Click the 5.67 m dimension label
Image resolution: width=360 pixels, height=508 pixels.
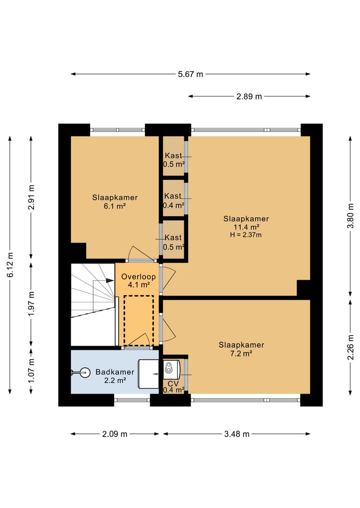190,74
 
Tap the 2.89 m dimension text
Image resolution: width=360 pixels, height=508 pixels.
249,96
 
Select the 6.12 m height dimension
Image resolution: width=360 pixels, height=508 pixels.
10,265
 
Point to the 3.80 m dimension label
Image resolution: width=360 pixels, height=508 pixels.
350,216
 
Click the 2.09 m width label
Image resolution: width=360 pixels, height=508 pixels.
115,434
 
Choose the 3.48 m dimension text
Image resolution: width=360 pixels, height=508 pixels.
237,434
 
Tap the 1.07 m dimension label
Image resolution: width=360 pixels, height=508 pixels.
31,371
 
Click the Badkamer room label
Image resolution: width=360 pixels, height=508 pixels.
115,372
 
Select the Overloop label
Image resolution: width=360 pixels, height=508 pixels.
138,277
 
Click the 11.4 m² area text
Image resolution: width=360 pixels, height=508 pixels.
246,227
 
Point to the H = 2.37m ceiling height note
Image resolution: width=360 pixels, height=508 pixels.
246,235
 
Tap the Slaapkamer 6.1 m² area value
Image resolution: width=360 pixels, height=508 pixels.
115,206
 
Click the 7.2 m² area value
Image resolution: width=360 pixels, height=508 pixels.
241,354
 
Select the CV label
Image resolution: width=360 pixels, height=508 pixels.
173,384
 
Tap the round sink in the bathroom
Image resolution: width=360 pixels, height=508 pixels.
85,373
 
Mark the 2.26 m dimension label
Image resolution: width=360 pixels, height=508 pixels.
350,347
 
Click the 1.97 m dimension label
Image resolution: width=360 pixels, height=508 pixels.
31,304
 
